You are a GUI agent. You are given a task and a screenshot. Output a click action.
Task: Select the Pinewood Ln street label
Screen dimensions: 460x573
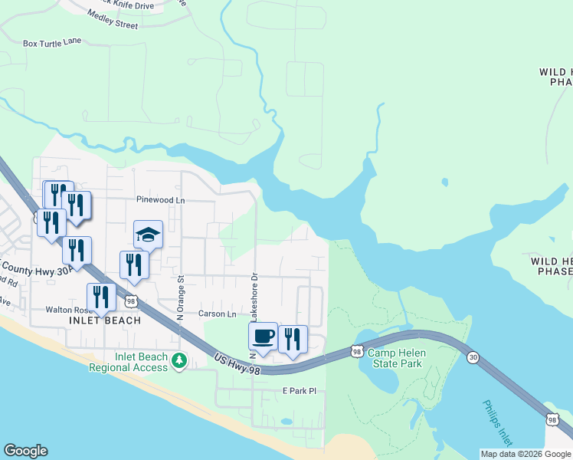[x=161, y=200]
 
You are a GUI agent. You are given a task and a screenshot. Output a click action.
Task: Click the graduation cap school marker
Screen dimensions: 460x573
[x=149, y=234]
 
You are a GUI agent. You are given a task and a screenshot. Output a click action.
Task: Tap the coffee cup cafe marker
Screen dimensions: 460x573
[x=263, y=337]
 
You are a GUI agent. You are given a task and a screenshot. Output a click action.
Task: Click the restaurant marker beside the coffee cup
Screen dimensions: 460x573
[x=292, y=339]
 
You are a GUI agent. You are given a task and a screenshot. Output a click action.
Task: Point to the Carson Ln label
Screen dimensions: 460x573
[x=218, y=314]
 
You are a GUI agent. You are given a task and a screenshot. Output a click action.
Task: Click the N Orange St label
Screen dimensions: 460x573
[x=181, y=297]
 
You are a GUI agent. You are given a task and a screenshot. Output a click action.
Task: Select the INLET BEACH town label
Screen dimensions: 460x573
[x=105, y=320]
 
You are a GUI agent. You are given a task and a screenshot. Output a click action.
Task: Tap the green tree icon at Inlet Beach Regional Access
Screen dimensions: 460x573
[x=179, y=360]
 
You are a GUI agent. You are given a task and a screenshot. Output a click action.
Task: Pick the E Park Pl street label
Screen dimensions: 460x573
[x=297, y=391]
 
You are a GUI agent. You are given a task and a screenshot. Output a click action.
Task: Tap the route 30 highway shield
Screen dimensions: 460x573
[x=473, y=358]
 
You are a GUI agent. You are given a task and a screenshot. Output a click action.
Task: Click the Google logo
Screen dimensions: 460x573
[x=25, y=451]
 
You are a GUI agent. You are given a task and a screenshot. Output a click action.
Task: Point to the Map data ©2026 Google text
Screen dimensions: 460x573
[x=526, y=454]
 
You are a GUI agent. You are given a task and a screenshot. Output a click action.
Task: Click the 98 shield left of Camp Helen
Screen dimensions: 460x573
[x=356, y=351]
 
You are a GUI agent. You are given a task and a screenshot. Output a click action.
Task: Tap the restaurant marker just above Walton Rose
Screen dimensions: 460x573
[x=101, y=297]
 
